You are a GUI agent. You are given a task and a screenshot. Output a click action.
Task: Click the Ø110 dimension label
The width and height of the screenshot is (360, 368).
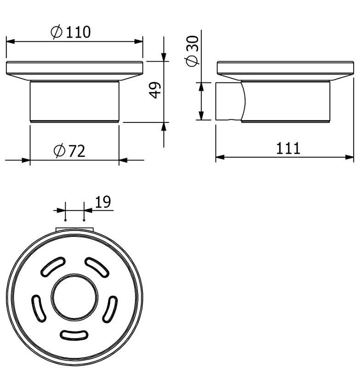[70, 32]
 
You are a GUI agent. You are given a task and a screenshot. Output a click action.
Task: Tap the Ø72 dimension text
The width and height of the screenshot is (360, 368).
[69, 151]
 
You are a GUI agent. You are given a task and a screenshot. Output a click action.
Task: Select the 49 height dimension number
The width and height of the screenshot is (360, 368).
[155, 90]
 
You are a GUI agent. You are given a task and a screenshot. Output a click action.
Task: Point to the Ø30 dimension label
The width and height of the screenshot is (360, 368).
[192, 51]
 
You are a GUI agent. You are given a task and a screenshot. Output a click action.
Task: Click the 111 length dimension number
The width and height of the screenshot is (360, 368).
[288, 148]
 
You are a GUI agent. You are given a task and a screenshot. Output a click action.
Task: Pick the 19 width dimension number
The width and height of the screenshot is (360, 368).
[103, 202]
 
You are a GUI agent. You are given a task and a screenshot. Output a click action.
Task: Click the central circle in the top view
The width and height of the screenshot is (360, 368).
[74, 297]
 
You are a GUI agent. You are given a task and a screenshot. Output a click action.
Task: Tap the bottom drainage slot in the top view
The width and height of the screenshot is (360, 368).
[74, 335]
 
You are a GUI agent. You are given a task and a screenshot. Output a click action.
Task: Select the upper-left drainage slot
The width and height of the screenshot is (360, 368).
[53, 266]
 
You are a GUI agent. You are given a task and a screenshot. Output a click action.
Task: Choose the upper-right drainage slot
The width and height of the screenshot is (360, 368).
[97, 267]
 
